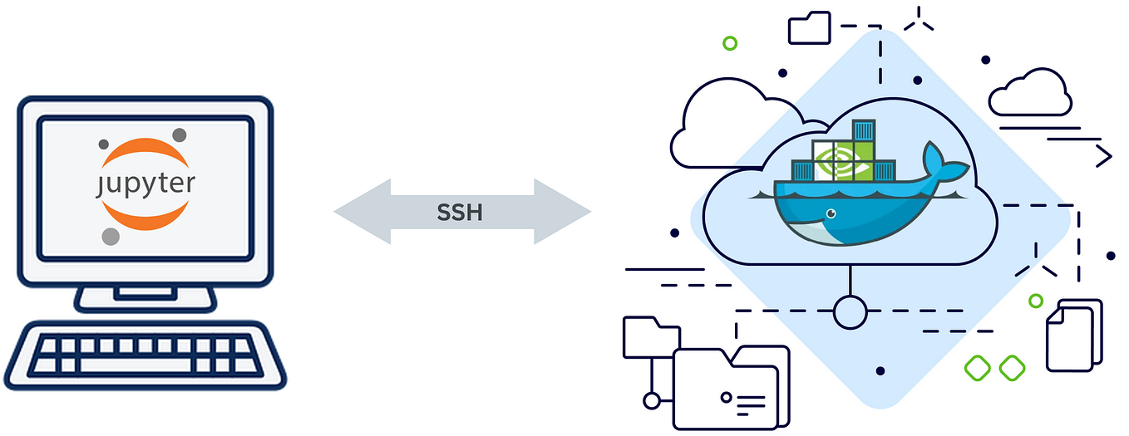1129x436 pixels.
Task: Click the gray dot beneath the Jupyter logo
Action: pos(111,237)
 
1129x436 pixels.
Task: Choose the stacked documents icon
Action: pos(1073,336)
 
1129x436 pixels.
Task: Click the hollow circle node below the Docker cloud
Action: pos(849,312)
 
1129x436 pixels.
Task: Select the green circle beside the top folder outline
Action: pos(730,42)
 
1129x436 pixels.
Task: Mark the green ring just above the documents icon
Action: pos(1035,301)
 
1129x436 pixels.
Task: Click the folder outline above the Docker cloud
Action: pos(809,28)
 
